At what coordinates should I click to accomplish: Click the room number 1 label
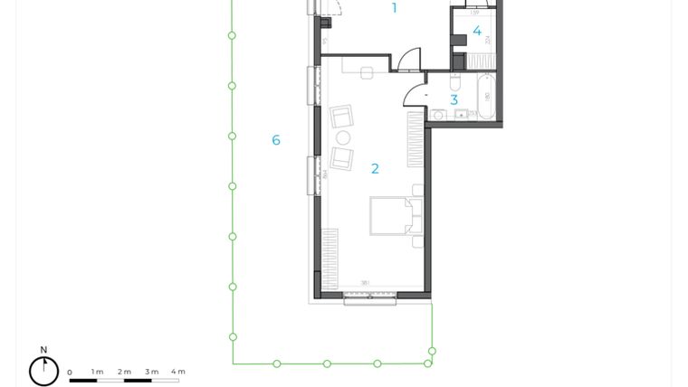tap(394, 8)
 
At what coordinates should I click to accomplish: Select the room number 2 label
tap(375, 168)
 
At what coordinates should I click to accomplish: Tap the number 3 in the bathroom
tap(454, 100)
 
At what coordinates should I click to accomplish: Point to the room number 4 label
tap(477, 32)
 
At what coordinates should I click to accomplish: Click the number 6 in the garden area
tap(276, 140)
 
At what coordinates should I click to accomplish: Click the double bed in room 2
tap(395, 216)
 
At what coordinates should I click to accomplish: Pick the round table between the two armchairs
tap(343, 137)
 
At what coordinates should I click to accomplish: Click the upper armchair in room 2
tap(341, 117)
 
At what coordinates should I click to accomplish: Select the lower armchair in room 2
tap(341, 158)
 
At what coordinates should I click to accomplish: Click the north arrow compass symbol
tap(43, 370)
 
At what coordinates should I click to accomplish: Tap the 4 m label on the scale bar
tap(177, 372)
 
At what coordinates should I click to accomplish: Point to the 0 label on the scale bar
tap(70, 372)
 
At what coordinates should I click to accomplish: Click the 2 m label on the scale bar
tap(124, 372)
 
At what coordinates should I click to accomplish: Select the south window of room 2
tap(369, 298)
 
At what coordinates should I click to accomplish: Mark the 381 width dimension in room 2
tap(365, 283)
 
